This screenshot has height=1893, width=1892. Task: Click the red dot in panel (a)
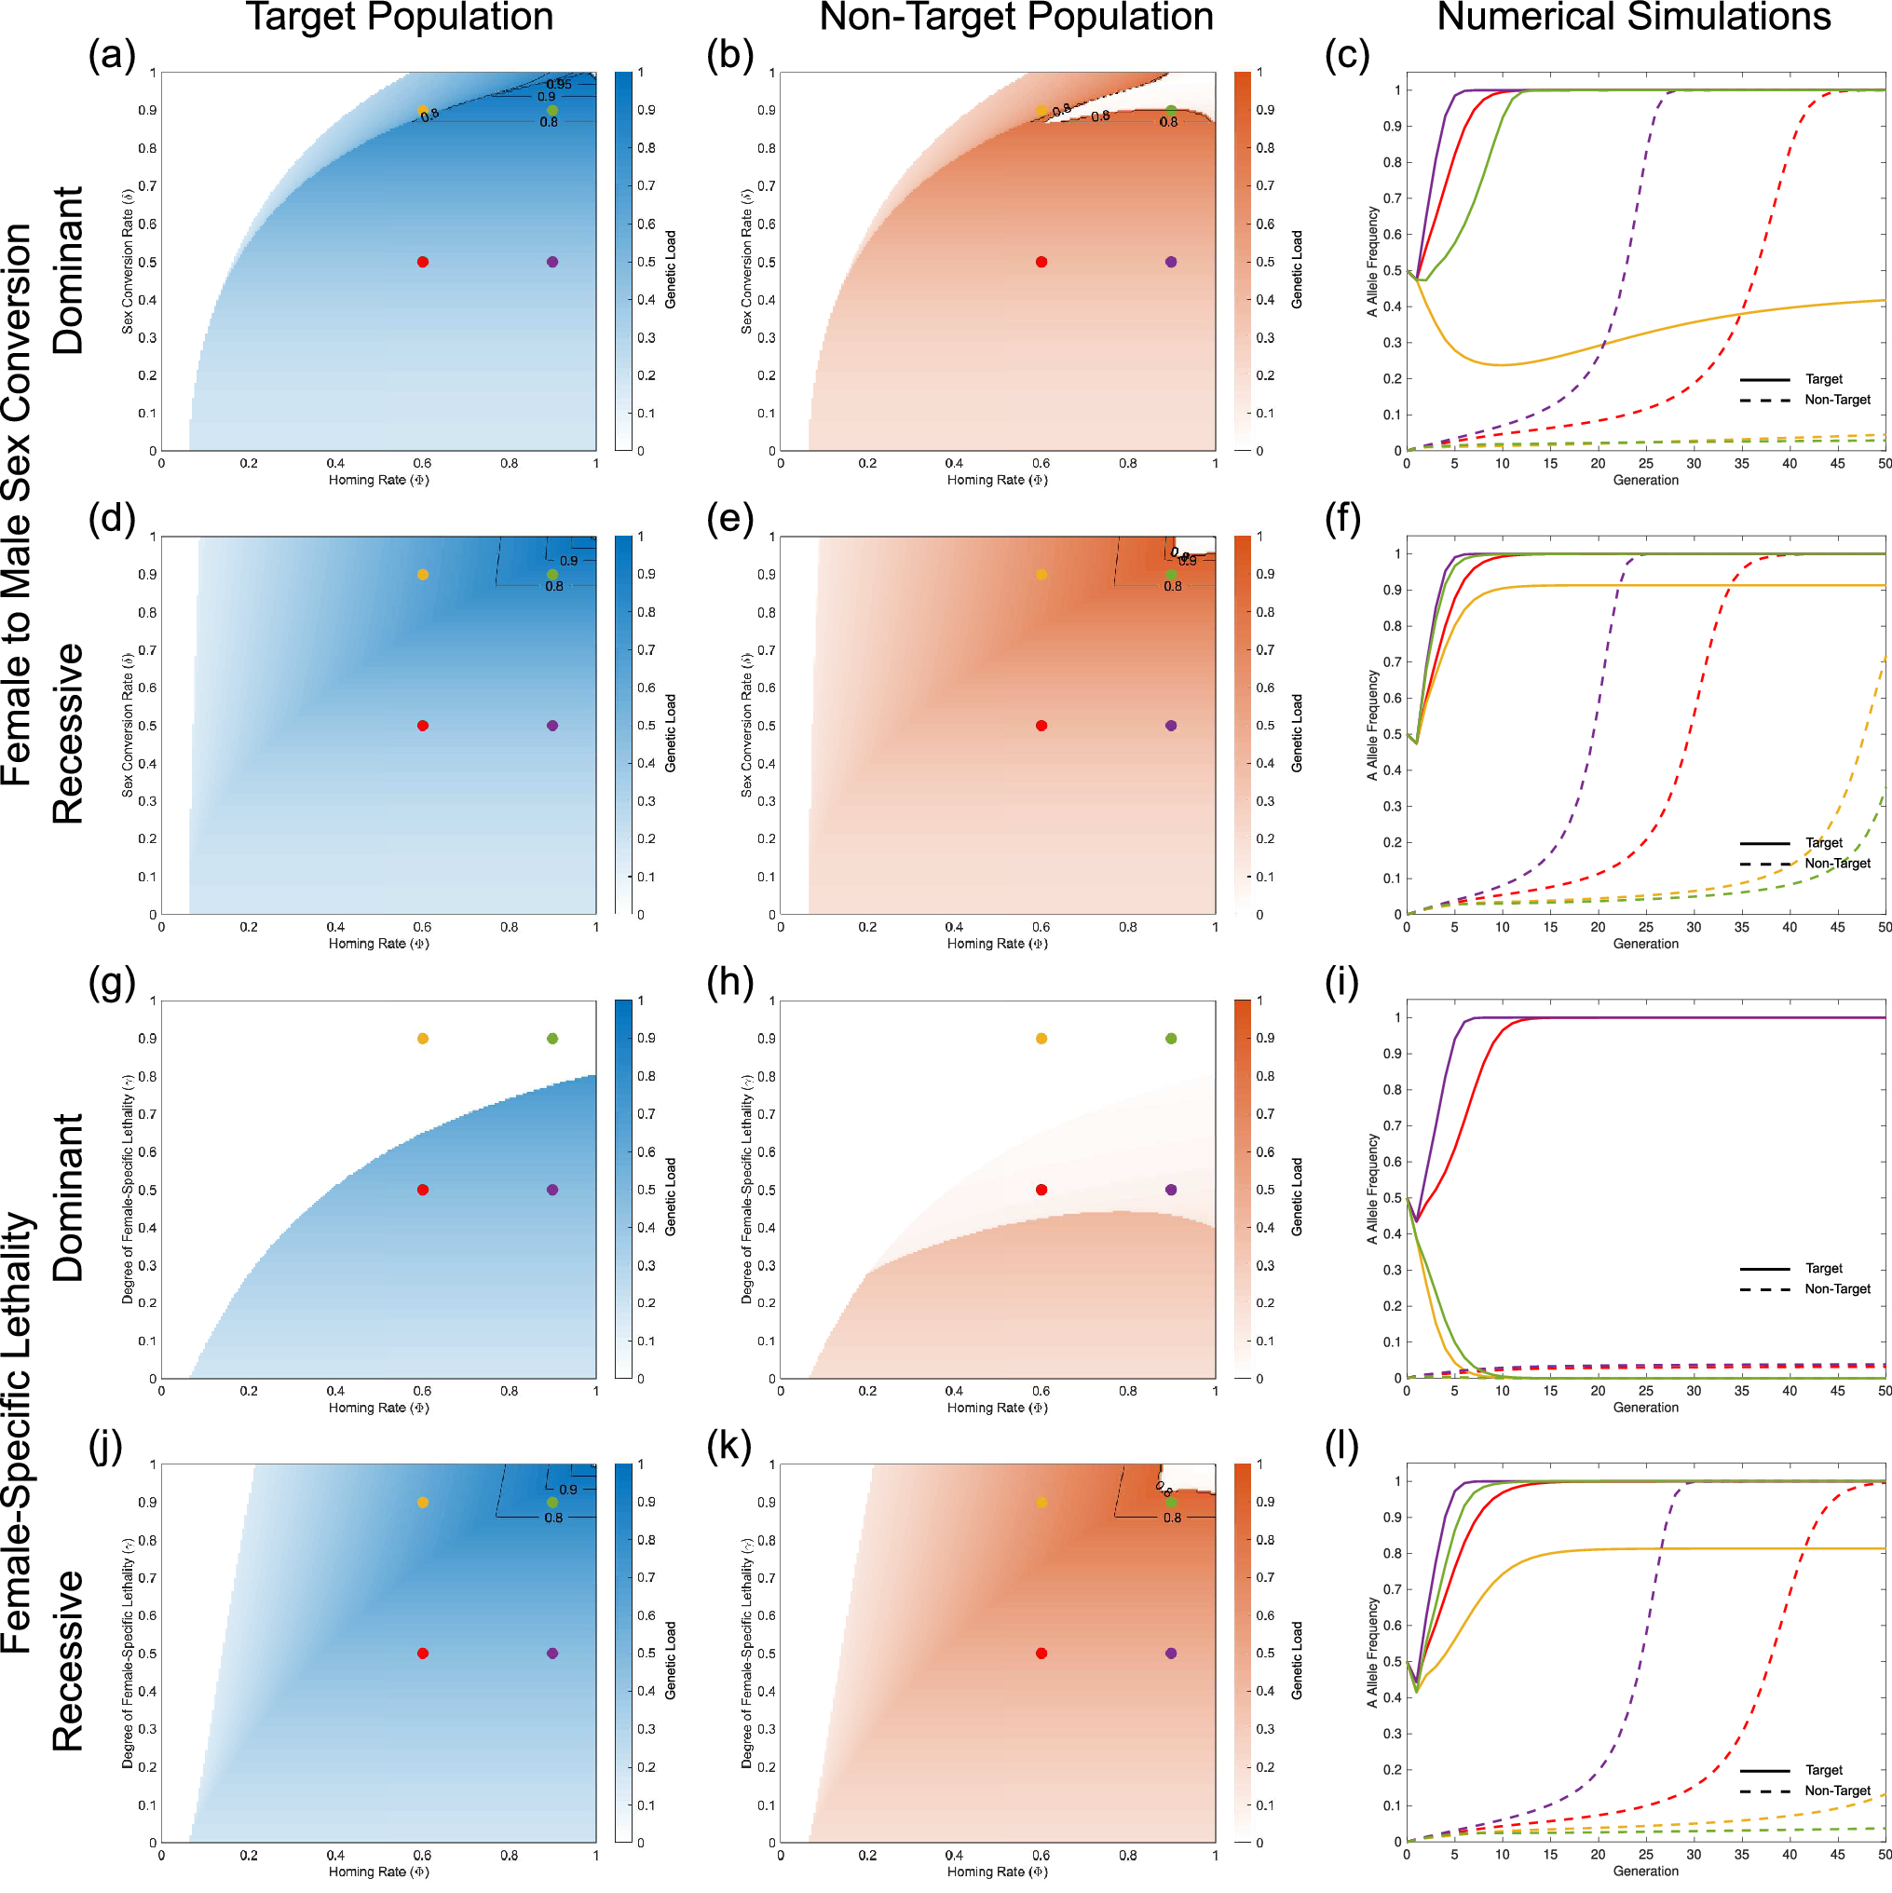[x=422, y=262]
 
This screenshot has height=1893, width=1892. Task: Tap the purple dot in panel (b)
[x=1171, y=262]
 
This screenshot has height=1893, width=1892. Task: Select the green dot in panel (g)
[x=552, y=1039]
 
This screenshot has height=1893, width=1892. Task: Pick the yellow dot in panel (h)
[x=1041, y=1039]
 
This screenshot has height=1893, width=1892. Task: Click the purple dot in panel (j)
[x=552, y=1653]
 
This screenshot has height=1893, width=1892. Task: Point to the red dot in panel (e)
[x=1041, y=726]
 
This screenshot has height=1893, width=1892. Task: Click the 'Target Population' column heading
[x=399, y=18]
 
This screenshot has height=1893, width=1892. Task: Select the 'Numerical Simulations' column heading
[x=1633, y=18]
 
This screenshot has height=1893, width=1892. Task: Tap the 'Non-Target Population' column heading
[x=1016, y=18]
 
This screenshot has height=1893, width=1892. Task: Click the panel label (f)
[x=1347, y=518]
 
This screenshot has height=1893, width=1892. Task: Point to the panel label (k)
[x=729, y=1446]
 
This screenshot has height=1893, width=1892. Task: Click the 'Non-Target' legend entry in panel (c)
[x=1837, y=400]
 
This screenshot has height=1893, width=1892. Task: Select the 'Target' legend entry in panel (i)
[x=1823, y=1268]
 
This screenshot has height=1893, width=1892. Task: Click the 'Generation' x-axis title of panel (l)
[x=1646, y=1871]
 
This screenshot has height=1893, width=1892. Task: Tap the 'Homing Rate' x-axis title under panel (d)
[x=378, y=944]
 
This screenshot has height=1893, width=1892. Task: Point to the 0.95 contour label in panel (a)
[x=559, y=84]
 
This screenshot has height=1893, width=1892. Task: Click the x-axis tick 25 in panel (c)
[x=1646, y=463]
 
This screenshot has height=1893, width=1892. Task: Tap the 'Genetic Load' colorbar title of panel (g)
[x=671, y=1196]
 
